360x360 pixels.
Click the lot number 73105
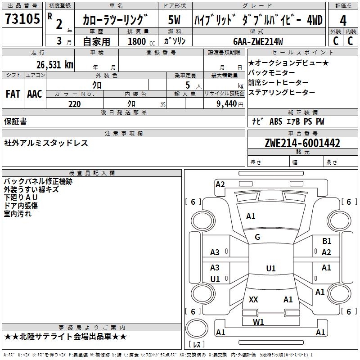click(22, 19)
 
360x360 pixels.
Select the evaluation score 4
click(343, 21)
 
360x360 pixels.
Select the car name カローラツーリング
click(115, 20)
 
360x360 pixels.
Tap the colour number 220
click(74, 104)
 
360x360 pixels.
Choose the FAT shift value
click(13, 94)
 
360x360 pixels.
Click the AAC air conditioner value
click(35, 94)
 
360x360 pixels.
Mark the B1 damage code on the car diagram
click(327, 241)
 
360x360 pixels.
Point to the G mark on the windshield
click(257, 237)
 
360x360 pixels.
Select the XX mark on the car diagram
click(253, 299)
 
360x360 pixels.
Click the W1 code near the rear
click(258, 322)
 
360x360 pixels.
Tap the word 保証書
click(15, 121)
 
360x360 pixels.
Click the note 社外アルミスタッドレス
click(46, 143)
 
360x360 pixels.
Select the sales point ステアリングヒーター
click(282, 92)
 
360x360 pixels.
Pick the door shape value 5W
click(174, 20)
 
